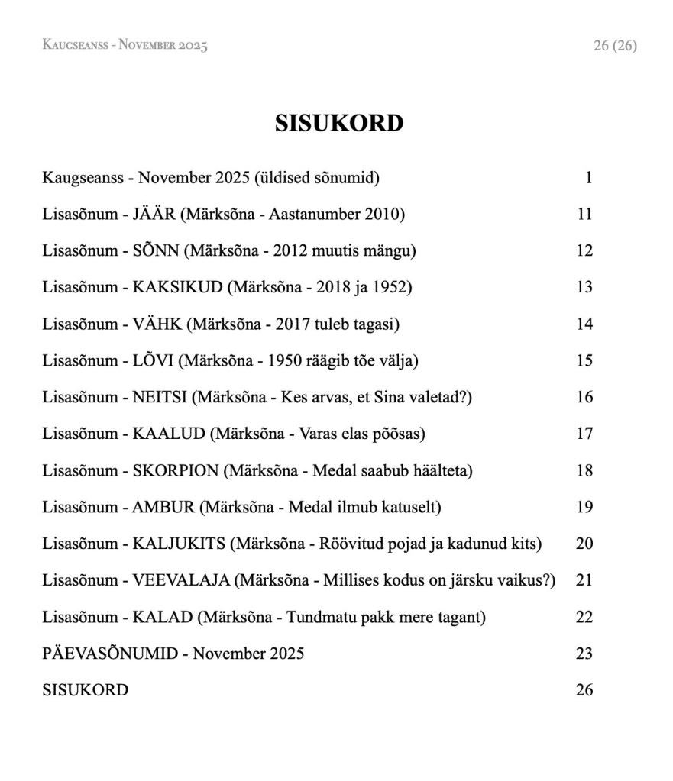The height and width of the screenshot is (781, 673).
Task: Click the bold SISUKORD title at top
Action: tap(338, 123)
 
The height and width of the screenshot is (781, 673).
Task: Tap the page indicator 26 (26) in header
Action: tap(614, 46)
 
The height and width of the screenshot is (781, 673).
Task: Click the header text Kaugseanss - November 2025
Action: tap(125, 46)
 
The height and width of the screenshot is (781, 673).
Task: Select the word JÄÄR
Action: tap(154, 215)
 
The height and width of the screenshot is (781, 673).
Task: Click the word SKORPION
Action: tap(175, 471)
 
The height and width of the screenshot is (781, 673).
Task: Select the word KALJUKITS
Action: tap(179, 544)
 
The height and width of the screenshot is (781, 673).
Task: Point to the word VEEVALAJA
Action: tap(181, 581)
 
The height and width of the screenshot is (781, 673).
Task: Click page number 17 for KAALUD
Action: tap(584, 434)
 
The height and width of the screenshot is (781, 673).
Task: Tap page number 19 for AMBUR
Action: tap(584, 508)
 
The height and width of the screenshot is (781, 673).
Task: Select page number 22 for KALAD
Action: tap(584, 618)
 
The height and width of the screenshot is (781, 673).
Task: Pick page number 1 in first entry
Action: tap(588, 179)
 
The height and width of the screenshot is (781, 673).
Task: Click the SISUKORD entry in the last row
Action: tap(85, 691)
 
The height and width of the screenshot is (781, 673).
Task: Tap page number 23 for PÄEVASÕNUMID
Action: tap(584, 654)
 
